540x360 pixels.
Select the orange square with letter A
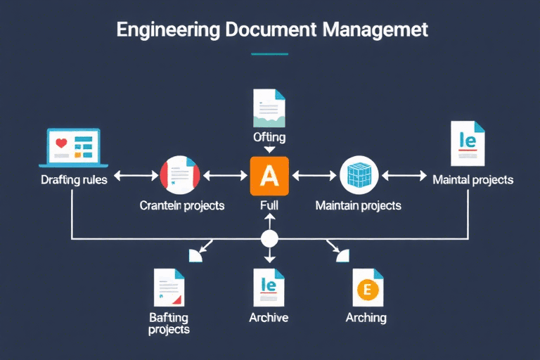coord(270,176)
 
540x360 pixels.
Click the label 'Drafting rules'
coord(74,179)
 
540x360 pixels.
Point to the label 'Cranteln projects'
coord(182,205)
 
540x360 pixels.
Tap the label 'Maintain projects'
coord(359,205)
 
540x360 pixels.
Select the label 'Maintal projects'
coord(472,179)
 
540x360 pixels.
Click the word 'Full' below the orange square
coord(269,205)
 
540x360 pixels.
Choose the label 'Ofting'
coord(269,137)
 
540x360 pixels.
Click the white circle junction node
coord(270,239)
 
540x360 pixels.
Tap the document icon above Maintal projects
coord(468,144)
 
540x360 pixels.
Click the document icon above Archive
coord(269,287)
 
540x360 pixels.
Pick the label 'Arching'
coord(366,317)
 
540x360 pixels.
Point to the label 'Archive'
coord(269,317)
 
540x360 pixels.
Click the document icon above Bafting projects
coord(169,287)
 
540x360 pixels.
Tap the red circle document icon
coord(181,176)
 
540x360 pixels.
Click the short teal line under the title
coord(269,54)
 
